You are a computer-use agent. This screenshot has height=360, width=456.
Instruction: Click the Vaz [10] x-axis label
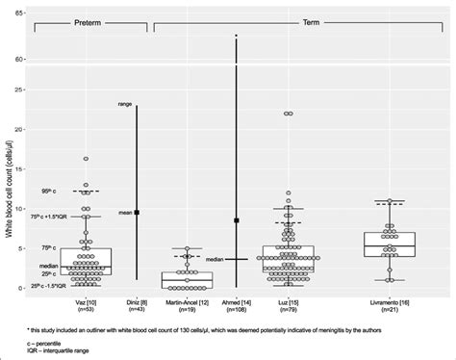(x=85, y=302)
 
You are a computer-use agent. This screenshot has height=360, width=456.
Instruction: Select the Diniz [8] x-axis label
(x=137, y=302)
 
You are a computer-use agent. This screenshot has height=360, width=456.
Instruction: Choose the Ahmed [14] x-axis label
(x=236, y=302)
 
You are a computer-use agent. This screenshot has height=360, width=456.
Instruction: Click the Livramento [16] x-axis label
(x=387, y=302)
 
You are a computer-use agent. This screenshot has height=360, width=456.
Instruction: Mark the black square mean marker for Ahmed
(x=236, y=220)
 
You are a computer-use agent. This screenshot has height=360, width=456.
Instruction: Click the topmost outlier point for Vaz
(x=85, y=159)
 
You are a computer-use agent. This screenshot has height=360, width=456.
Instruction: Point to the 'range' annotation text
(x=124, y=103)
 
